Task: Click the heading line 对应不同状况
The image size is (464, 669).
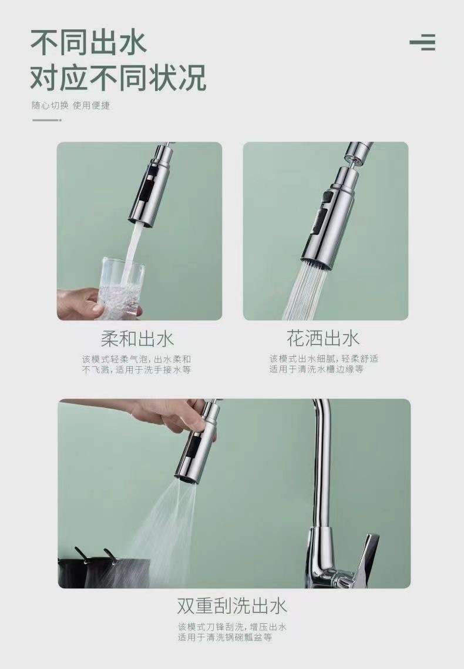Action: point(118,78)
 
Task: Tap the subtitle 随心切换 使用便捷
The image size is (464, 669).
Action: point(70,106)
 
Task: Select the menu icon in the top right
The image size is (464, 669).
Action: point(423,43)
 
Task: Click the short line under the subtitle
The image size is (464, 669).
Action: point(46,120)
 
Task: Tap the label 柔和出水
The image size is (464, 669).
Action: point(137,339)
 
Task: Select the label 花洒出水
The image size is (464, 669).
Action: point(323,339)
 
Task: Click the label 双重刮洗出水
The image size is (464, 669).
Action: point(232,606)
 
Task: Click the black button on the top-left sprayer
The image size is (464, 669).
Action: point(146,189)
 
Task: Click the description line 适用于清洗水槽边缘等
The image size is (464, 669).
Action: point(317,370)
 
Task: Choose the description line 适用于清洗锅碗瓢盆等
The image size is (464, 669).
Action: point(225,637)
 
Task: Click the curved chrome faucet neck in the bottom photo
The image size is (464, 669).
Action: point(322,459)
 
